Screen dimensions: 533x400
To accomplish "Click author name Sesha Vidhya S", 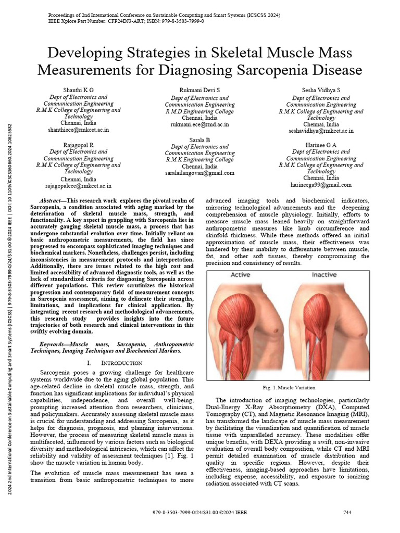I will tap(321, 90).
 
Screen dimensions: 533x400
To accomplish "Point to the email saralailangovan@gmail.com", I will tap(200, 173).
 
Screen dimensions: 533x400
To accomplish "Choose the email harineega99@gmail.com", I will tap(321, 185).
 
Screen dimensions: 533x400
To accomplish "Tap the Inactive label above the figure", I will tap(324, 275).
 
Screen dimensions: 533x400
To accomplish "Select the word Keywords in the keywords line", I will tap(54, 345).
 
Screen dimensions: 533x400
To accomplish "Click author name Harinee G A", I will tap(321, 145).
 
